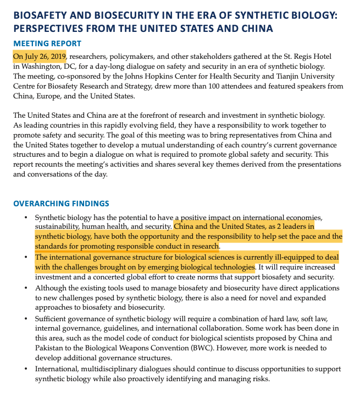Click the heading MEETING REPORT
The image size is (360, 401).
coord(47,43)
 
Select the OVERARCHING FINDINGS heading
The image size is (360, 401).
coord(61,204)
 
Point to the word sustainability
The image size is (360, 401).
coord(57,227)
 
